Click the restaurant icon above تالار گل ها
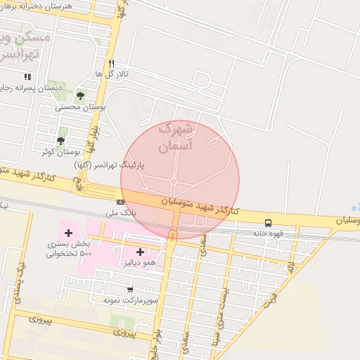pos(110,63)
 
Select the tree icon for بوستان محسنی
pos(80,96)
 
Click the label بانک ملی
pos(120,212)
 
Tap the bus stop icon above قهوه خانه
pos(268,223)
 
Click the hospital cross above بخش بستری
pos(68,233)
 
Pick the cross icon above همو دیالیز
pos(140,252)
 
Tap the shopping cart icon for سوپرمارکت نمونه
pos(129,290)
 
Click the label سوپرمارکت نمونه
pos(129,300)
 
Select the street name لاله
pos(290,266)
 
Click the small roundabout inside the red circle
pos(173,182)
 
